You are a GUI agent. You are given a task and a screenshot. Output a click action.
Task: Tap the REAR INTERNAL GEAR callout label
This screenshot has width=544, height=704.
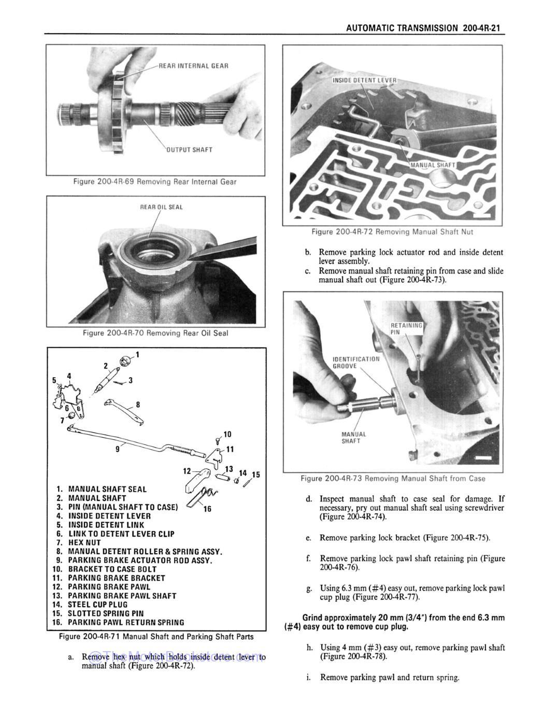tap(193, 66)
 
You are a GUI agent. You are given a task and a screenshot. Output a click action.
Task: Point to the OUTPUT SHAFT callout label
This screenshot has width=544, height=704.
tap(189, 150)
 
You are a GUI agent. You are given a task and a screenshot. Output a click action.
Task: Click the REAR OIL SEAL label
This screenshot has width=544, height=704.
tap(162, 207)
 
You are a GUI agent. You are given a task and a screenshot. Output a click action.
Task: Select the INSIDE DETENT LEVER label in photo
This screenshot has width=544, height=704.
tap(364, 80)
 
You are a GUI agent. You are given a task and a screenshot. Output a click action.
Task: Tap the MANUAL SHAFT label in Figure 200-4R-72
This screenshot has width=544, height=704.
tap(433, 165)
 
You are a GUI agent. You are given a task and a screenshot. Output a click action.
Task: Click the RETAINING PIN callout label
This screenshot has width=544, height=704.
tap(406, 328)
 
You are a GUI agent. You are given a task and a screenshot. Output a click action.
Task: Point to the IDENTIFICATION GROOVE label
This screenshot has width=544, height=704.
tap(355, 362)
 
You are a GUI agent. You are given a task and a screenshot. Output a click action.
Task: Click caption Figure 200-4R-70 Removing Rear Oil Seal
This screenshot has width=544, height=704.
tap(155, 333)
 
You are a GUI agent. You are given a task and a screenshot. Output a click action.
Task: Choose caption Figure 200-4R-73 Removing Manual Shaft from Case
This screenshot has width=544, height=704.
tap(393, 478)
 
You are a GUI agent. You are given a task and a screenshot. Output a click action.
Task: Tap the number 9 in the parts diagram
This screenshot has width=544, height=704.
tap(117, 450)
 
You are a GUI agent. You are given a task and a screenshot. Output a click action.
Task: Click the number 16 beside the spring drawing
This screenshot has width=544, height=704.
tap(207, 509)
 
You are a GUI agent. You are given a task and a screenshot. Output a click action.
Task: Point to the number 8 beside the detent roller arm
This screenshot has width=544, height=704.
tap(137, 405)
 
